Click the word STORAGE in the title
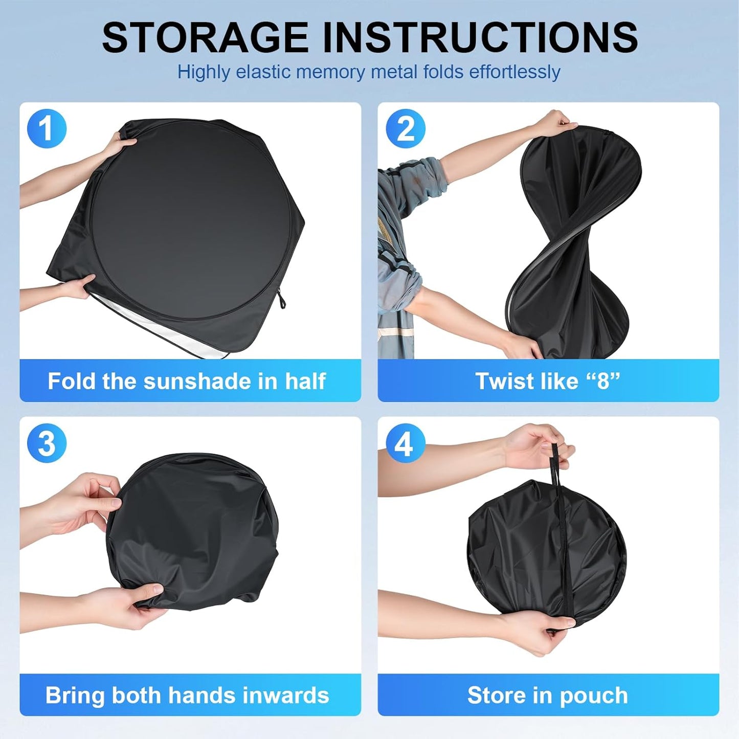click(205, 37)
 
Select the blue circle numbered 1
click(47, 128)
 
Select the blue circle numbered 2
click(405, 128)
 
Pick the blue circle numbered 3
click(47, 443)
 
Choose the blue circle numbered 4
click(405, 443)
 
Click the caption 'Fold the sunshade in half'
click(187, 381)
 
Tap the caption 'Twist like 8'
click(547, 381)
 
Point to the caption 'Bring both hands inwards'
click(187, 695)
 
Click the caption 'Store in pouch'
click(547, 695)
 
